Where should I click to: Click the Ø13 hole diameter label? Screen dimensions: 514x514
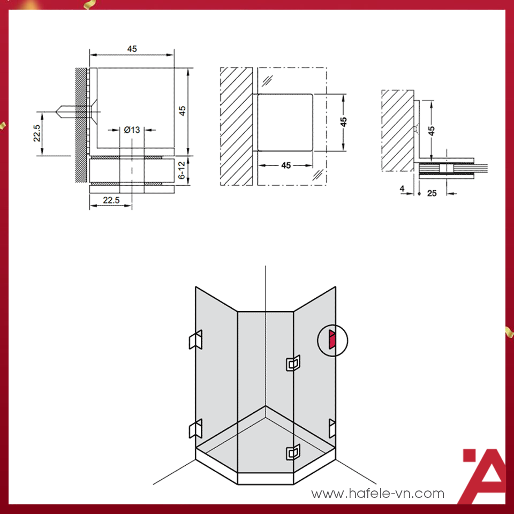click(132, 130)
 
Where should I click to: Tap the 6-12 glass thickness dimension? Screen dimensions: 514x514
click(182, 170)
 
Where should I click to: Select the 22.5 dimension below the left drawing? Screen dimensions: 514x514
click(111, 200)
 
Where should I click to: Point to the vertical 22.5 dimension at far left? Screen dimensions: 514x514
click(37, 133)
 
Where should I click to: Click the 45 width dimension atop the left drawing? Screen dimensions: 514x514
click(132, 49)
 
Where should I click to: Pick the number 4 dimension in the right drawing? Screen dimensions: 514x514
click(402, 188)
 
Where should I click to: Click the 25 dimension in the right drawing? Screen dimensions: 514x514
click(432, 193)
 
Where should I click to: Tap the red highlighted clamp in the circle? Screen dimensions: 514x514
click(332, 339)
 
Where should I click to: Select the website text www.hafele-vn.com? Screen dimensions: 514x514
click(377, 493)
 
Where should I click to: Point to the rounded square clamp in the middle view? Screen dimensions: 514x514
click(285, 122)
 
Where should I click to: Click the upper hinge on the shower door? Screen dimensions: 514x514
click(293, 363)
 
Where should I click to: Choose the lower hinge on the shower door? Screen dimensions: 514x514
click(293, 452)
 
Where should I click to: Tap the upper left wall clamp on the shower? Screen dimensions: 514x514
click(195, 339)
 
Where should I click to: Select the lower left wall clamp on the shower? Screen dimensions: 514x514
click(195, 428)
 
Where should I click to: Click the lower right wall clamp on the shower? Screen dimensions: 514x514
click(332, 428)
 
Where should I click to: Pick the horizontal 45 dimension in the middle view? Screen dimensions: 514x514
click(286, 165)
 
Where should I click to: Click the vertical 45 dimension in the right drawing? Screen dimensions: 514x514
click(432, 131)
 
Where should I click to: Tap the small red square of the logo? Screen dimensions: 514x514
click(470, 455)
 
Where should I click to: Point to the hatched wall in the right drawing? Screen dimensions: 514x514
click(398, 131)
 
